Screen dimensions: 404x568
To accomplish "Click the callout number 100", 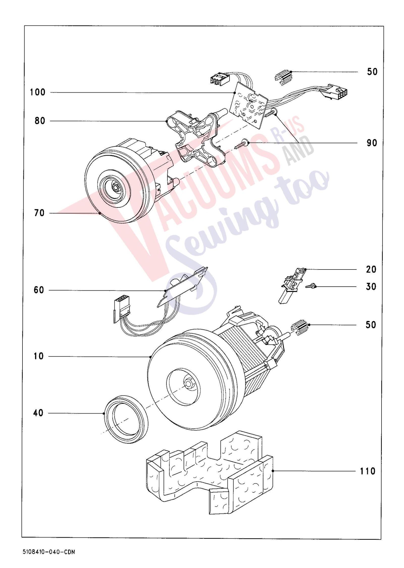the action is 38,92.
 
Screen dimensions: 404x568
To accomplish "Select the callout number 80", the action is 40,121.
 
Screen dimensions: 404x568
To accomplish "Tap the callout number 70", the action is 39,213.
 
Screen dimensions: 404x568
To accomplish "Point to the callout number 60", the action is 39,290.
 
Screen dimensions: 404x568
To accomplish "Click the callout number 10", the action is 39,357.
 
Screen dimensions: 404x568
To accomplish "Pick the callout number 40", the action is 38,413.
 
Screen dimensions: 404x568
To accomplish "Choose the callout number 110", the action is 368,471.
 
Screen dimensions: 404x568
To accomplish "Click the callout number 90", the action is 372,143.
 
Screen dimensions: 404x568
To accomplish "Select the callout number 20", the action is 371,269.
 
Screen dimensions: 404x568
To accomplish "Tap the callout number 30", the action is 371,287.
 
